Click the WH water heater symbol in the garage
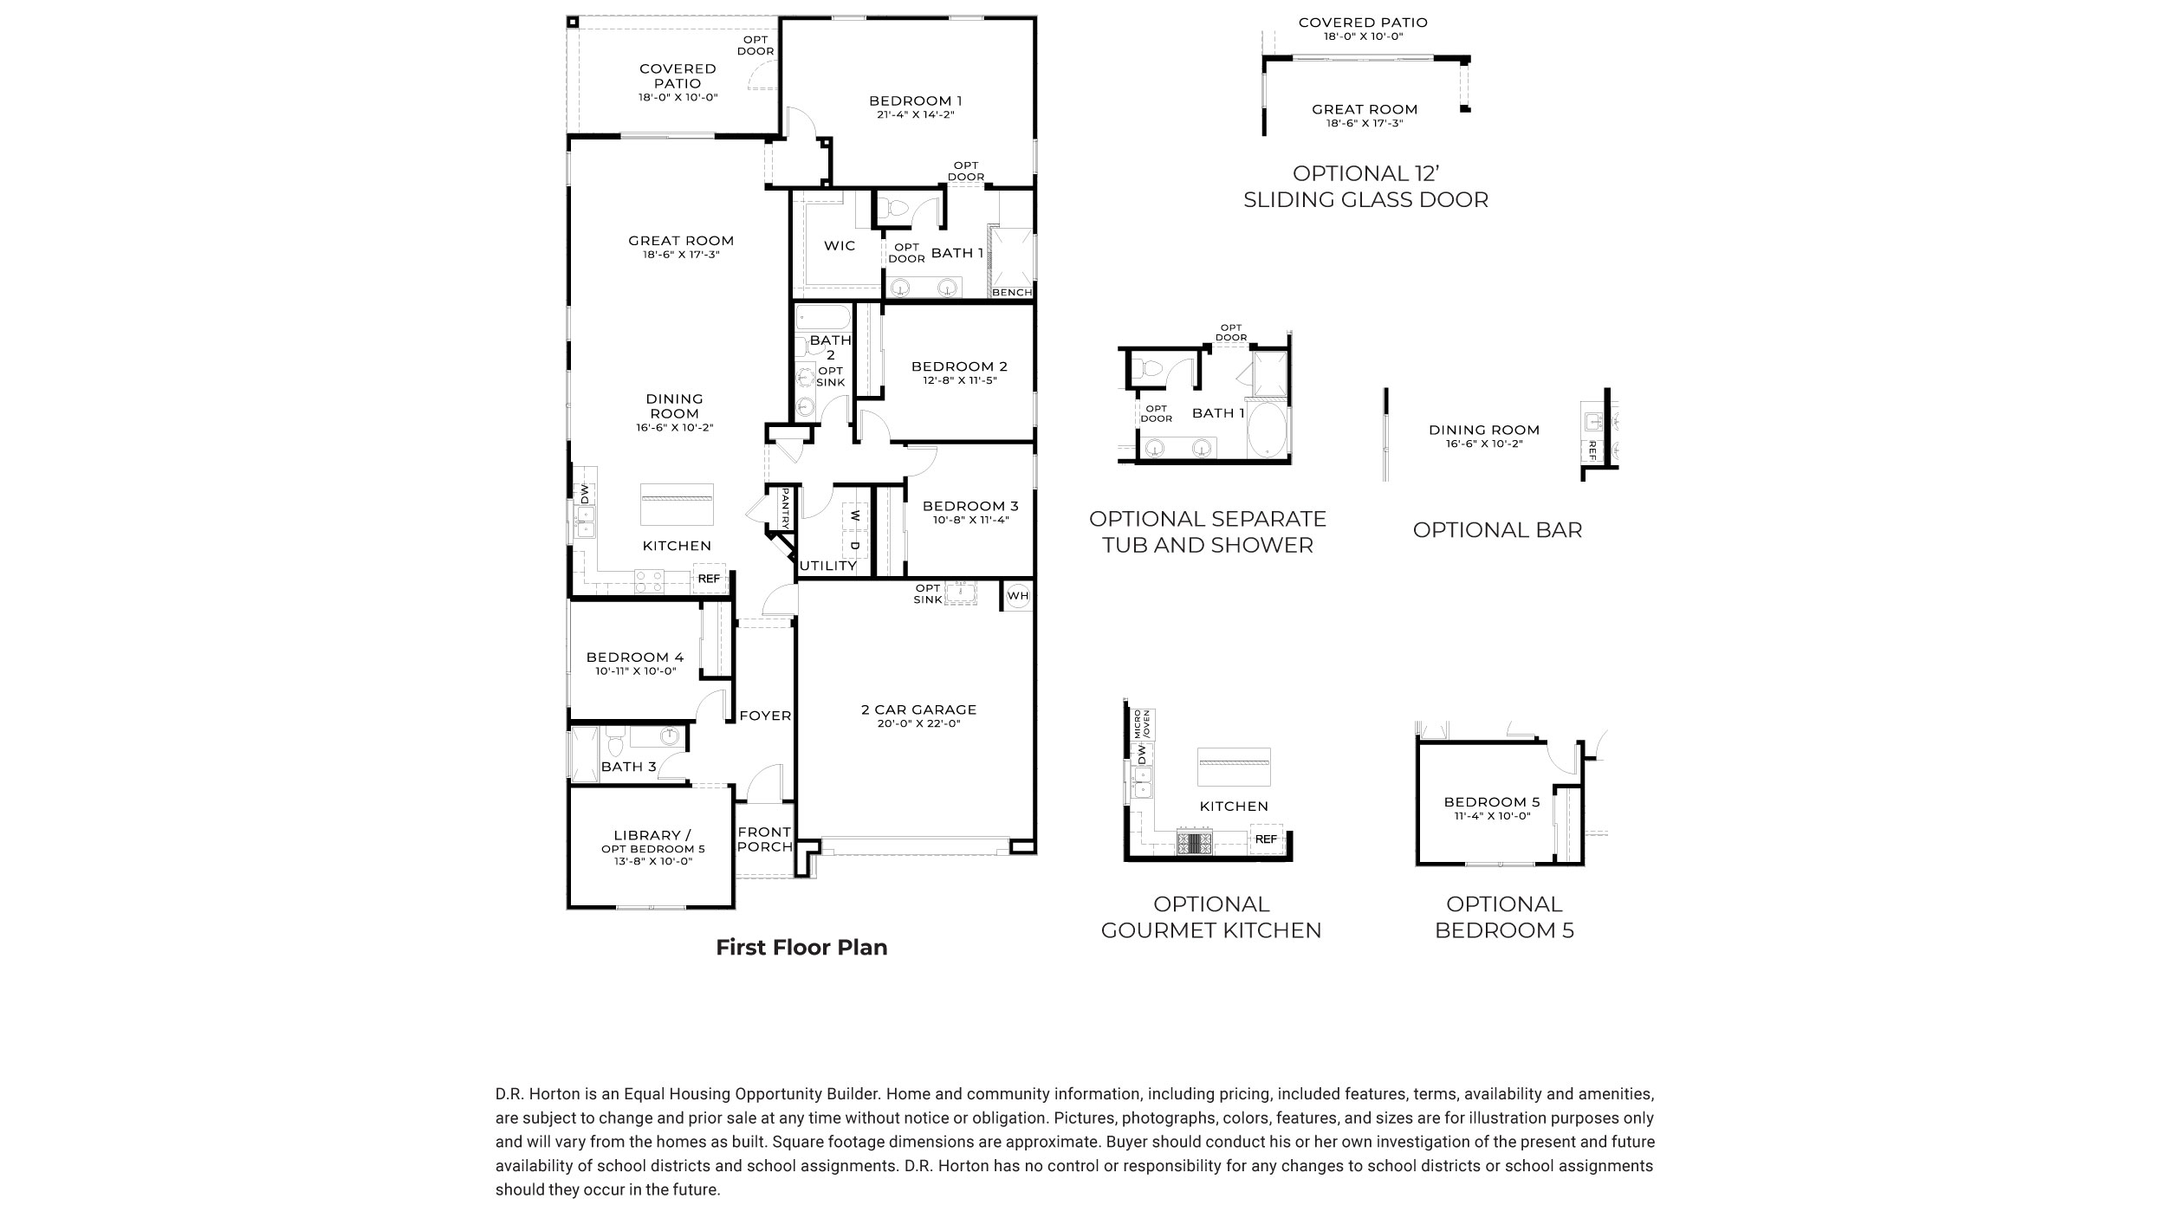coord(1018,596)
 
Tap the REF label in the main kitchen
coord(709,579)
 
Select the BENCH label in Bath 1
coord(1012,293)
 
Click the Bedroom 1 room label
coord(916,100)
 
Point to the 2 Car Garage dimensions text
coord(918,724)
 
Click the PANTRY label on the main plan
coord(785,509)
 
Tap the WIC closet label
coord(840,246)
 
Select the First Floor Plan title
coord(801,948)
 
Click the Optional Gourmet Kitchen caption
coord(1210,917)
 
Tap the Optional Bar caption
coord(1497,530)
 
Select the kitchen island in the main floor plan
coord(677,504)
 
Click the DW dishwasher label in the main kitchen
coord(585,495)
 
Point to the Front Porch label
coord(765,839)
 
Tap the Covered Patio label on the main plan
coord(678,76)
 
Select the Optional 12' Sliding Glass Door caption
coord(1365,186)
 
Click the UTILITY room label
coord(827,566)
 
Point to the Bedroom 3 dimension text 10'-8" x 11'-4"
coord(970,521)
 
